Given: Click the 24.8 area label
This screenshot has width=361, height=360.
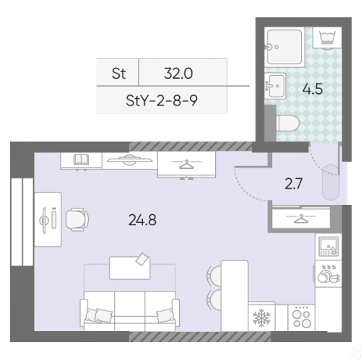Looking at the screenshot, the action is (x=142, y=220).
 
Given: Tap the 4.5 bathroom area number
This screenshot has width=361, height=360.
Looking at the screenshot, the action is (x=313, y=89).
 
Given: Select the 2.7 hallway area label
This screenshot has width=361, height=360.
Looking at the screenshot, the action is (x=293, y=184).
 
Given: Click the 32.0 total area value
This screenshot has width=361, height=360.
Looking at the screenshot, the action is (x=178, y=74).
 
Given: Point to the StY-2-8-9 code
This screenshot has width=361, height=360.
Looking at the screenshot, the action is (x=162, y=100).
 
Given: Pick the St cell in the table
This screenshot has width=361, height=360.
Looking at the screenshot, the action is (x=118, y=74).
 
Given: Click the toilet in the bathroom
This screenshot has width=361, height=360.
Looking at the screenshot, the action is (x=287, y=123).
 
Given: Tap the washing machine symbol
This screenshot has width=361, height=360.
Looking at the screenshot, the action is (x=327, y=38).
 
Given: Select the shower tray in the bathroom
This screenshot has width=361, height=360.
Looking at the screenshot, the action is (x=284, y=47).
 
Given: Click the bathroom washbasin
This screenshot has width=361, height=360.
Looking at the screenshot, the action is (x=275, y=86).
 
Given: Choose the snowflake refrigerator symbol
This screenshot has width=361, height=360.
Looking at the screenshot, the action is (x=261, y=317).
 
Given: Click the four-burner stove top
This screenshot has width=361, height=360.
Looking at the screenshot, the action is (x=301, y=317).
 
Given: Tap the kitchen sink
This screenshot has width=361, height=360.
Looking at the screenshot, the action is (x=329, y=246).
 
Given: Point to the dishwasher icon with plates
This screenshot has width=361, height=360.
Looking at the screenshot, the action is (x=328, y=273).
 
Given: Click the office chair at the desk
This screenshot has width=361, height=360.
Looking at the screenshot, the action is (x=77, y=219).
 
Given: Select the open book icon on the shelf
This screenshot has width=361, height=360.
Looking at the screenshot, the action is (x=81, y=159).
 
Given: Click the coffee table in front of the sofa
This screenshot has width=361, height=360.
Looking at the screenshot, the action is (x=130, y=268).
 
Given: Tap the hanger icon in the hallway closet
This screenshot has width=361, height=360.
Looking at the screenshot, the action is (x=301, y=219).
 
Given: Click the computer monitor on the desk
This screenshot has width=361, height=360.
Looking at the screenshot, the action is (x=43, y=220).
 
